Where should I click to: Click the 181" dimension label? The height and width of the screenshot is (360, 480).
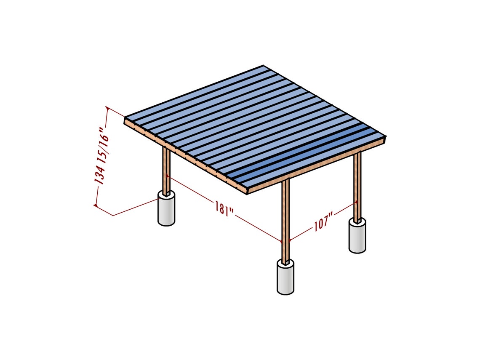pos(224,209)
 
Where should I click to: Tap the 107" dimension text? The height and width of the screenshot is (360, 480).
pos(323,222)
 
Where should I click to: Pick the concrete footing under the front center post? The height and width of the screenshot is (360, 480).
pos(285,278)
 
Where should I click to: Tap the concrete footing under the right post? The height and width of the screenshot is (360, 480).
pos(357,236)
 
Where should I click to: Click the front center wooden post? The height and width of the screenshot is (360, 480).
pos(286,219)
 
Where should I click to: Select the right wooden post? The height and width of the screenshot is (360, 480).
pos(357,185)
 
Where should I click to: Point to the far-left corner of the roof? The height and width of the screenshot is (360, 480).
pos(125,120)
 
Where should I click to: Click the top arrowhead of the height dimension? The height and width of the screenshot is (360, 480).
pos(108,109)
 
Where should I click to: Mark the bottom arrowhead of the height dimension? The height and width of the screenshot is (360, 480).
pos(96,205)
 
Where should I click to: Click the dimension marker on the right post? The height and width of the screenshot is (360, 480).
pos(356,203)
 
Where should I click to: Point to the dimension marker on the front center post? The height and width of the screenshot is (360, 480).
pos(282,242)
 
